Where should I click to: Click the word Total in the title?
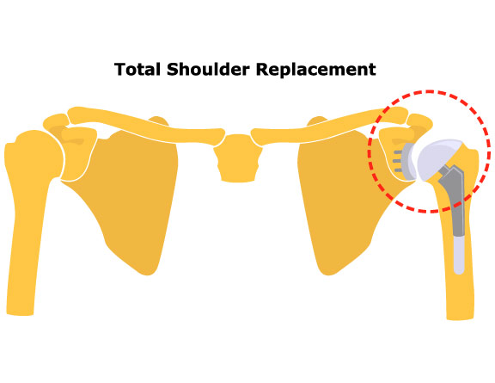point(137,69)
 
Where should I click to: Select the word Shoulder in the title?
point(208,69)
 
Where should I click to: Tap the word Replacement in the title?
point(316,70)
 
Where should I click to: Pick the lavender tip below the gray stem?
point(459,255)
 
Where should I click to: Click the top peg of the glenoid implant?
point(398,152)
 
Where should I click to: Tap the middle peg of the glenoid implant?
point(397,161)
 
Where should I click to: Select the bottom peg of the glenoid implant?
point(399,170)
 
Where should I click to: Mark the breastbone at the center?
point(238,158)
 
